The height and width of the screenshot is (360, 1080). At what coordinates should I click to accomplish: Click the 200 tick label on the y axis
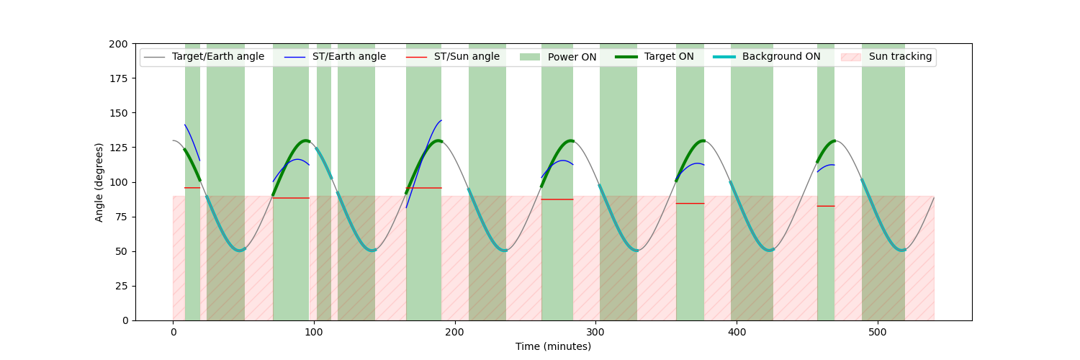point(119,45)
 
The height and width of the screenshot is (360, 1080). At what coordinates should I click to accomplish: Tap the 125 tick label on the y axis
point(119,148)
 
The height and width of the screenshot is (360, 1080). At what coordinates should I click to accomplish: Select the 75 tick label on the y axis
point(122,217)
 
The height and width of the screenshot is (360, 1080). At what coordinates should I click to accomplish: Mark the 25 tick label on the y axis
point(122,287)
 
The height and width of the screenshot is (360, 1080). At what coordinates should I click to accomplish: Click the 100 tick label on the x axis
point(314,332)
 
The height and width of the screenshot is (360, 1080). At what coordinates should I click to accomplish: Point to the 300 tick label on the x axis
point(596,332)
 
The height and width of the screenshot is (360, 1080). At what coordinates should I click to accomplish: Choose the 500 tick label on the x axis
point(878,332)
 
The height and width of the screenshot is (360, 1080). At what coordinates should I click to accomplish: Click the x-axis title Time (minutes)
point(553,346)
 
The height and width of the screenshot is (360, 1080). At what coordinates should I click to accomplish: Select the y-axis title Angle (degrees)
point(99,182)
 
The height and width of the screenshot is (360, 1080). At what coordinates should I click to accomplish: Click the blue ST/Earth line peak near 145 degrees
point(441,120)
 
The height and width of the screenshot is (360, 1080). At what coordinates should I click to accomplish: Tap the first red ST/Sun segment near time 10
point(192,187)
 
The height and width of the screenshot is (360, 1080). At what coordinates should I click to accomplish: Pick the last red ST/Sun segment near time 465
point(826,206)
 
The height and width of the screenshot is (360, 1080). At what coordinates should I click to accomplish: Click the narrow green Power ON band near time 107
point(324,182)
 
